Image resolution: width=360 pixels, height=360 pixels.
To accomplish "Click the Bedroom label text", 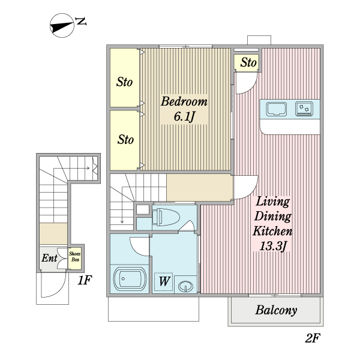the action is tap(184, 102).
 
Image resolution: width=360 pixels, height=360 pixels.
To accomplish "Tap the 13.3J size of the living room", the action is tap(273, 247).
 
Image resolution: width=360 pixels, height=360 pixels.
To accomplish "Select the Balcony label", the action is tap(276, 310).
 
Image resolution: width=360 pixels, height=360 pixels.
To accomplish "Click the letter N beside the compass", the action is tap(81, 22).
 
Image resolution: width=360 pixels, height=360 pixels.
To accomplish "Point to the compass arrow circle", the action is tap(62, 25).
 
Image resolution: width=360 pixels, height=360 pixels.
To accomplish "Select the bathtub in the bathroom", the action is tap(130, 279).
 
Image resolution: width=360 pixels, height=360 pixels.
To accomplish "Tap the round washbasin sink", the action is tap(185, 286).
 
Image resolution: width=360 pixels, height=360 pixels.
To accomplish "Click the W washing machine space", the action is tap(164, 282).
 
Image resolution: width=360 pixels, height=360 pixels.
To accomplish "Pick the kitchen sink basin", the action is tap(277, 109).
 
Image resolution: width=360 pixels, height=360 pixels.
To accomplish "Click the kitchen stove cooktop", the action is tap(304, 109).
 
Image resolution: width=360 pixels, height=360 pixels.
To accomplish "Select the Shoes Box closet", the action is tap(74, 257).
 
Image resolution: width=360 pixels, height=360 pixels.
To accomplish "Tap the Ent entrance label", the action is tap(49, 258).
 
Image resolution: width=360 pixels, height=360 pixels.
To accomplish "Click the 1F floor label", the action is tap(85, 280).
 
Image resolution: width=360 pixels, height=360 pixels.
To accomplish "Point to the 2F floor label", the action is tap(313, 337).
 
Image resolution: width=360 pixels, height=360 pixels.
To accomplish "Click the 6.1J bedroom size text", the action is tap(184, 116).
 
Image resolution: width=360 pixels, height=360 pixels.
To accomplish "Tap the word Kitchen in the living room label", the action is tap(272, 231).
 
